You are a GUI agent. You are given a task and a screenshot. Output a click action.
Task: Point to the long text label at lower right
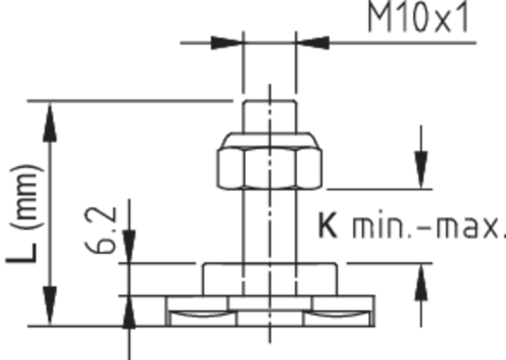tap(407, 228)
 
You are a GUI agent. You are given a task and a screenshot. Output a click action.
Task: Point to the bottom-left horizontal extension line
tap(76, 322)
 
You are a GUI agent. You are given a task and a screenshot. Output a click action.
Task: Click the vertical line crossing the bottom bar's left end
tap(130, 304)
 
